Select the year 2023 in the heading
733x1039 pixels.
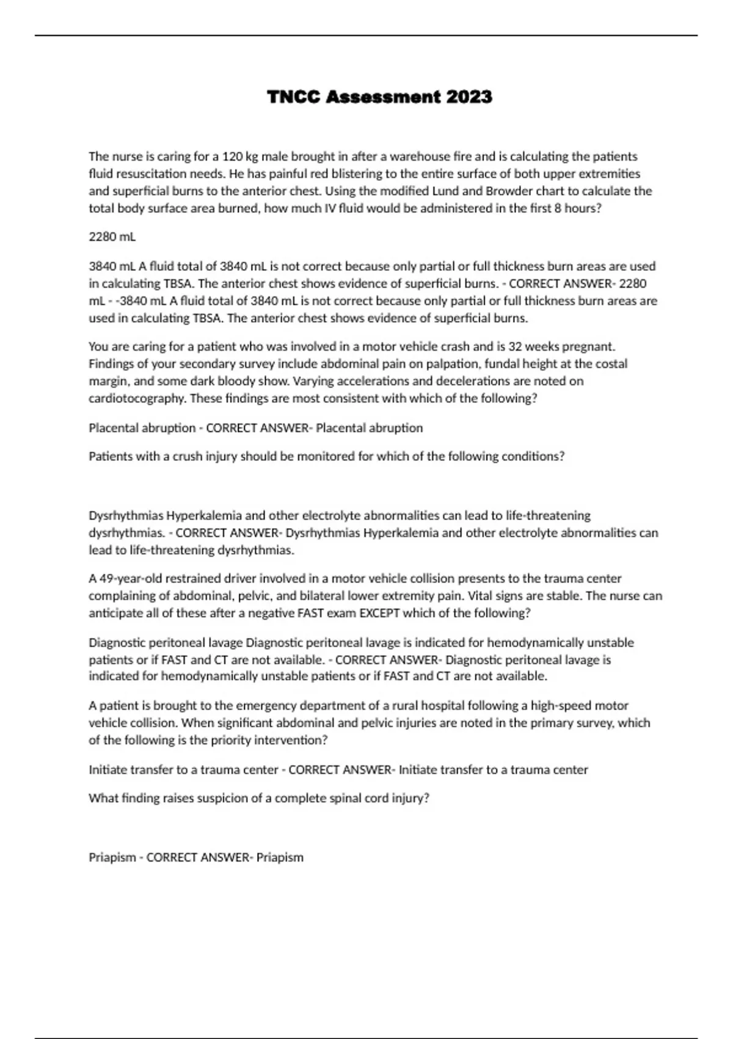click(469, 97)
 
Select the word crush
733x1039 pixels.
click(191, 457)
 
